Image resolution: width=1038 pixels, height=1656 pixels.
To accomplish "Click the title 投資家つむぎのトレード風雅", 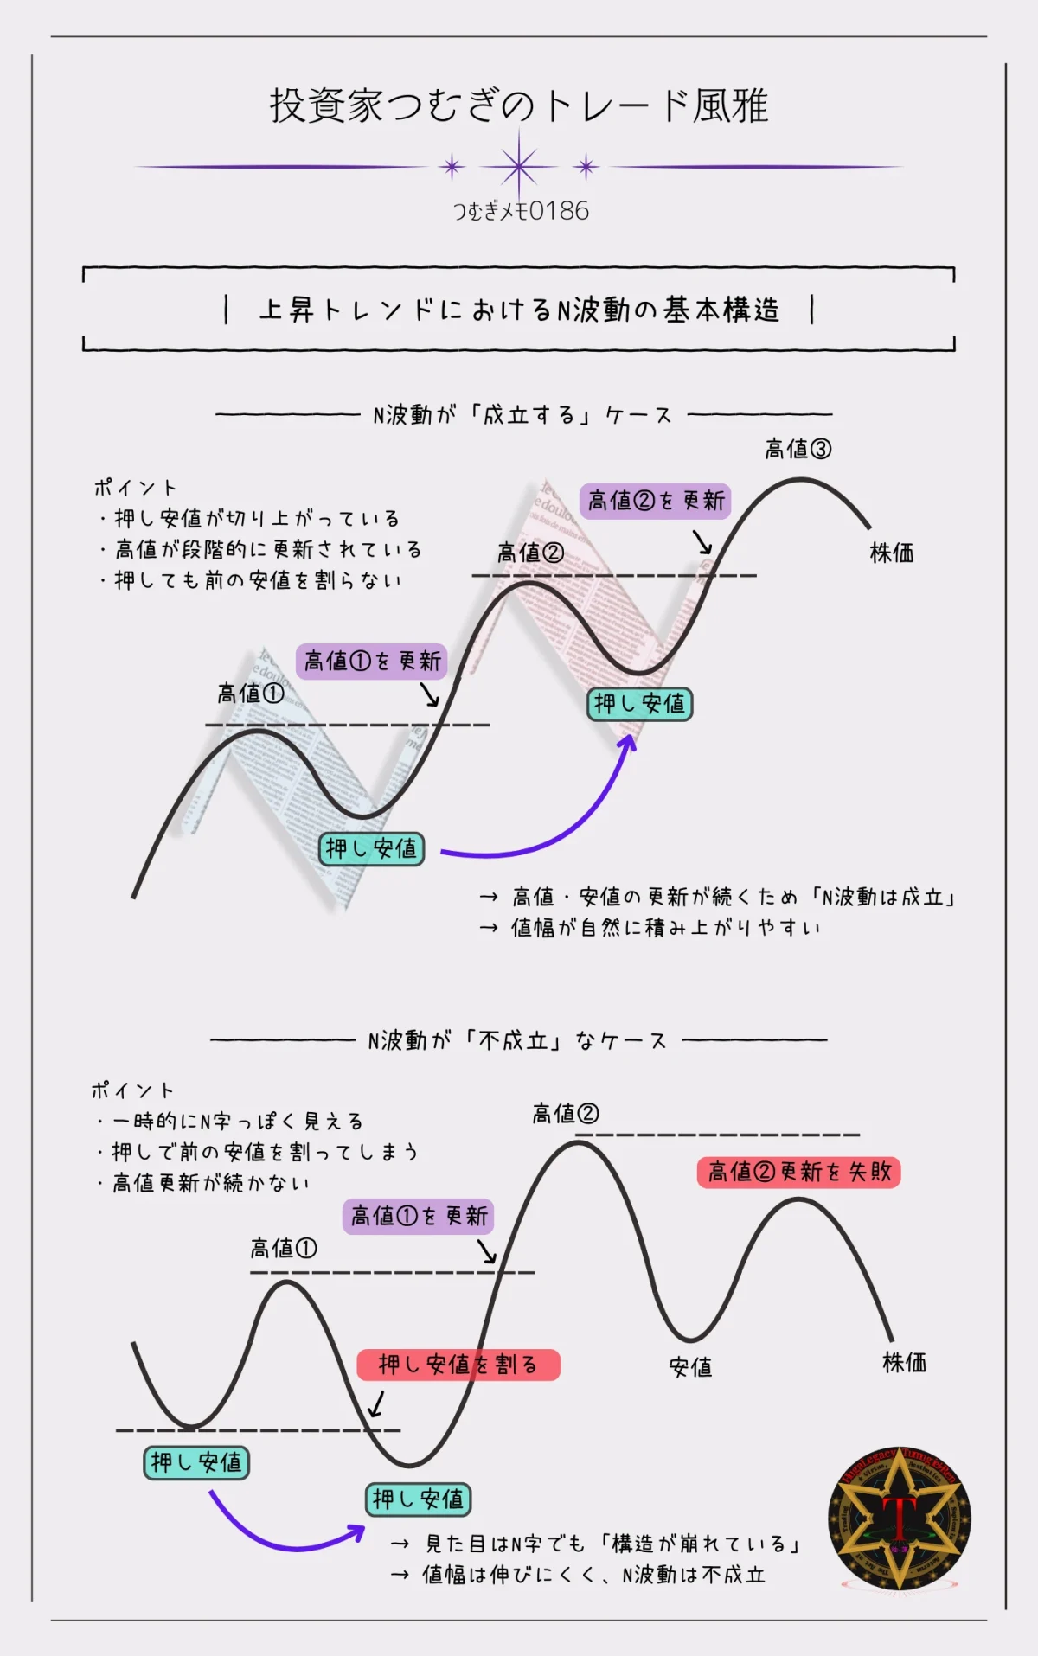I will (x=519, y=106).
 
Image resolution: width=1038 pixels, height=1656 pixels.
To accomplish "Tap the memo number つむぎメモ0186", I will (x=521, y=211).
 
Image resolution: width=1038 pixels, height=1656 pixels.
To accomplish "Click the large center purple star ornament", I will (x=519, y=166).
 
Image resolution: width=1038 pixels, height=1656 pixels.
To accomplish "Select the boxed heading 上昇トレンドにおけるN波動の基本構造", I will (x=519, y=310).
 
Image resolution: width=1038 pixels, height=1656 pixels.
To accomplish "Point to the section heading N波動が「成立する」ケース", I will (x=522, y=415).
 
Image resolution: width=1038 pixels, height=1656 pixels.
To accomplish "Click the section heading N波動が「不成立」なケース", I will (x=517, y=1040).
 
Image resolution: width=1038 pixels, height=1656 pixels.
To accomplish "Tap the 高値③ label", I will (x=798, y=449).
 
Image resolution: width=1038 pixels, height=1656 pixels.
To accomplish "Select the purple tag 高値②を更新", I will (x=656, y=501).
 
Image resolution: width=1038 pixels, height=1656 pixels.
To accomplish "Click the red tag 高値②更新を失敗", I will (x=798, y=1172).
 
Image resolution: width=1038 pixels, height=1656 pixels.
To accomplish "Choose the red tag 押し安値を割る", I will (x=458, y=1365).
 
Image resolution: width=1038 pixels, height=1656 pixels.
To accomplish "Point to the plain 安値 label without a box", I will (x=690, y=1367).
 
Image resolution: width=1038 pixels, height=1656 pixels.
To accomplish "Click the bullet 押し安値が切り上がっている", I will (x=256, y=518).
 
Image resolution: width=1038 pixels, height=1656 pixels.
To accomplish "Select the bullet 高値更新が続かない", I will (x=210, y=1183).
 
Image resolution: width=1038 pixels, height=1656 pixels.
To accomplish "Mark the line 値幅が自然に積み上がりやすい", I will (x=664, y=928).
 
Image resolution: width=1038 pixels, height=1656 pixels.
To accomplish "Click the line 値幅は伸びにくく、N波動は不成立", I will (x=593, y=1575).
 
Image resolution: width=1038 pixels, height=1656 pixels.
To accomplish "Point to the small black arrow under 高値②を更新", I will (x=702, y=542).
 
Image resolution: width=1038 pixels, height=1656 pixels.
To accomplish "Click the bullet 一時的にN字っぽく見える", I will (x=237, y=1122).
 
